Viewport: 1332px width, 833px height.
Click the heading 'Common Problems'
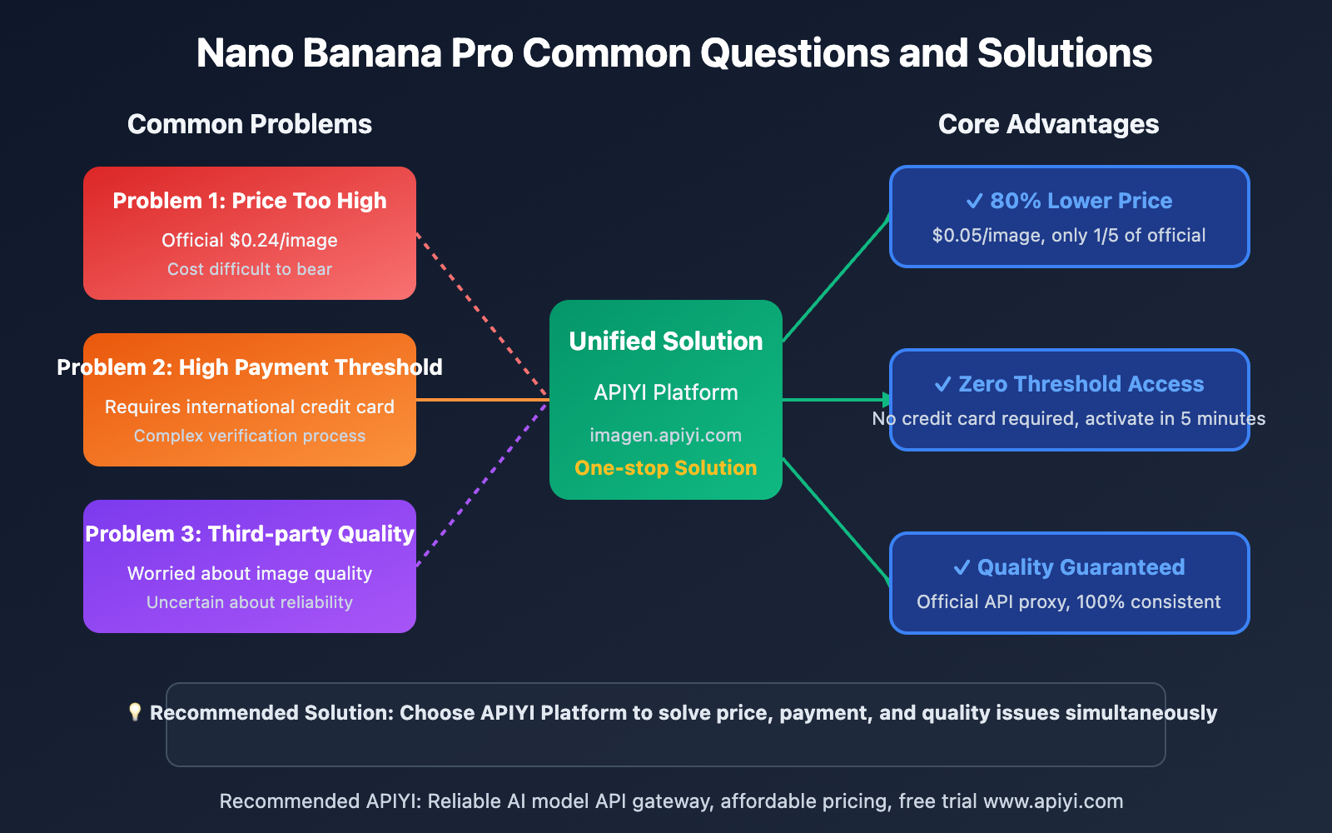249,124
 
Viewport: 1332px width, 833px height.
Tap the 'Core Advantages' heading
1048,124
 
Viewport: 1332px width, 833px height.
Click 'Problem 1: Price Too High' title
250,201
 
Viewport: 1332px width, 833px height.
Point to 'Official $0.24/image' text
250,241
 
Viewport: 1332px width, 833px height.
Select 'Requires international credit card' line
250,407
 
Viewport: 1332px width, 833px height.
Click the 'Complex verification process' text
250,436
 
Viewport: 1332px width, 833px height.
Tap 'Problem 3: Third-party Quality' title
250,534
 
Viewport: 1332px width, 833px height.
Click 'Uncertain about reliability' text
250,602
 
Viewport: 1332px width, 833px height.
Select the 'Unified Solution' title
666,342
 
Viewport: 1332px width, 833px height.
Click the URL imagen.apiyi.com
666,436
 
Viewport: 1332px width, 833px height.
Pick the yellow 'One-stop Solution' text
666,468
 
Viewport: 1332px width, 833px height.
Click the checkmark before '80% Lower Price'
974,201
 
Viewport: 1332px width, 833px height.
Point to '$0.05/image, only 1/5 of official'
1069,236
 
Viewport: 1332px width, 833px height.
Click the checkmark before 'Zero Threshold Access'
942,384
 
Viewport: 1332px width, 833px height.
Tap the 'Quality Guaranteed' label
1081,567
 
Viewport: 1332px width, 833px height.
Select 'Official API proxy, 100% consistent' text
1069,602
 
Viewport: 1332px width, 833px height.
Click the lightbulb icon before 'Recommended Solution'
135,712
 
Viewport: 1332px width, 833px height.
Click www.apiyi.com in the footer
1053,801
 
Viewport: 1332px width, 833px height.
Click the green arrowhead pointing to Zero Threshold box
887,400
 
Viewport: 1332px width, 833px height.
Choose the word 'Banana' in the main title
372,53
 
